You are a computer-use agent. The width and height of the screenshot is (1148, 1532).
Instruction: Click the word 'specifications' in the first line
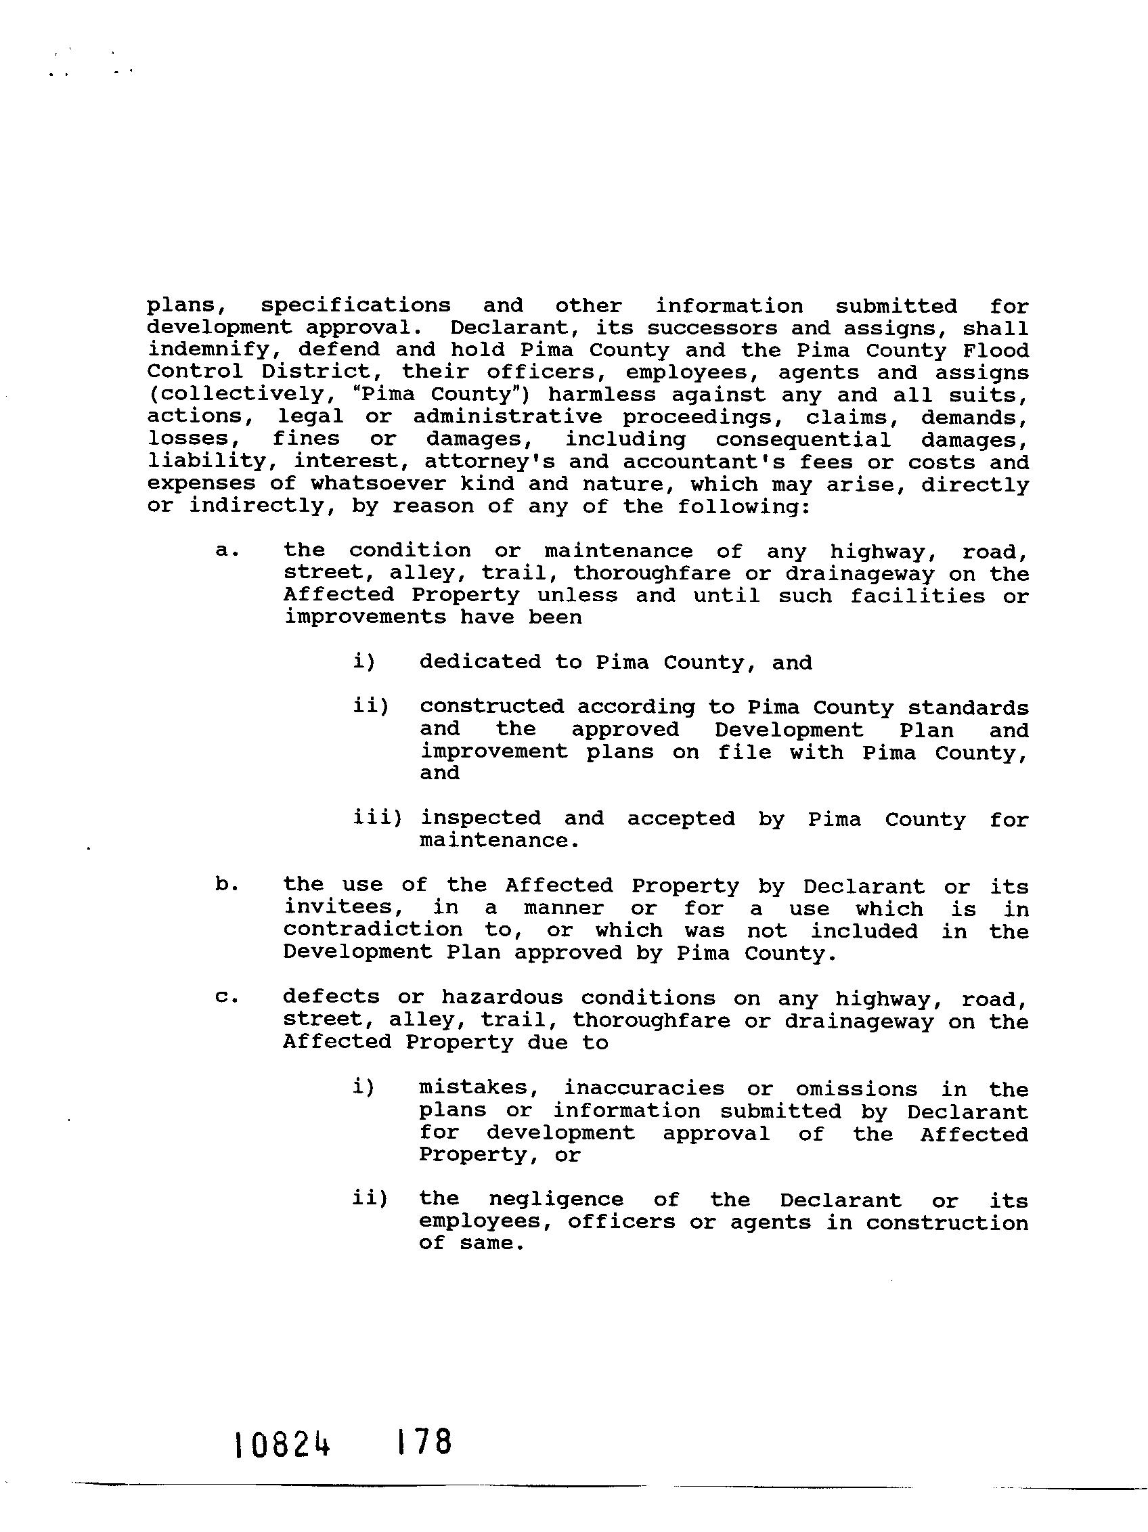(355, 305)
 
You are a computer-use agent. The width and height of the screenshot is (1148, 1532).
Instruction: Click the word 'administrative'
(509, 417)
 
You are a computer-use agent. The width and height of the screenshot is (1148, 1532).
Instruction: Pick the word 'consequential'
(803, 439)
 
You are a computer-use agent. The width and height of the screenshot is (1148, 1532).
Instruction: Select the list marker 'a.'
(227, 550)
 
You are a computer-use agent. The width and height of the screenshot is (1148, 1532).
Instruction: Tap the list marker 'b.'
(227, 885)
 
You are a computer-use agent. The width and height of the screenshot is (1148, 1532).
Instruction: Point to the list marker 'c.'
(227, 998)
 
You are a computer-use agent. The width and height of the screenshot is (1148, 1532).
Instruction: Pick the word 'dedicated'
(480, 662)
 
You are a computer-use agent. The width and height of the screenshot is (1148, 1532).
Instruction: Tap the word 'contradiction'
(372, 930)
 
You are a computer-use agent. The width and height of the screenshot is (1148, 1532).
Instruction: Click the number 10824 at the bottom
(282, 1446)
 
